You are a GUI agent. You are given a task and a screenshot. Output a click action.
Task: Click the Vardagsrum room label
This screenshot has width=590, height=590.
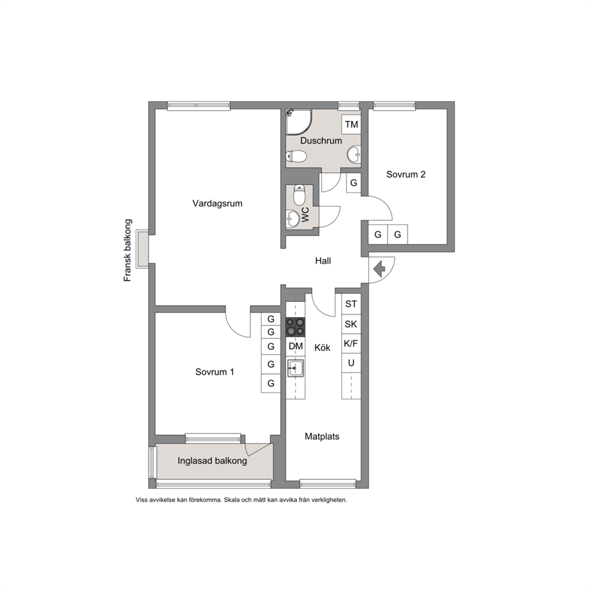(x=217, y=203)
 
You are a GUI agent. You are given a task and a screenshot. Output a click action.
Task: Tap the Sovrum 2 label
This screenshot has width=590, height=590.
(x=406, y=174)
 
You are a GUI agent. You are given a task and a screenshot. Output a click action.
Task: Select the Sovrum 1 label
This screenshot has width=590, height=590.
(x=215, y=372)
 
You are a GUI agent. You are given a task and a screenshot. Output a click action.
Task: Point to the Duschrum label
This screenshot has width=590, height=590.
(x=321, y=141)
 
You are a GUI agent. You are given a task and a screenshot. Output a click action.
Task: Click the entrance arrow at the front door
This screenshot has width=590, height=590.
(x=379, y=269)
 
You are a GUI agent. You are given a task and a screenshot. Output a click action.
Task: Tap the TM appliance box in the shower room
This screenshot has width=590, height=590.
(x=351, y=124)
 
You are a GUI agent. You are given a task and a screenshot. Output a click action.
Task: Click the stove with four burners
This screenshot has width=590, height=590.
(x=296, y=327)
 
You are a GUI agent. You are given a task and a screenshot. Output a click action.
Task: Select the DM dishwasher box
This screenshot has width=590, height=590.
(x=296, y=346)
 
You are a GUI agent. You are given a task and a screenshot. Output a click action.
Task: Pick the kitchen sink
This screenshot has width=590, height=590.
(x=296, y=368)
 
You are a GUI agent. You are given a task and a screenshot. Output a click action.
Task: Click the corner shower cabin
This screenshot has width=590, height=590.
(x=299, y=122)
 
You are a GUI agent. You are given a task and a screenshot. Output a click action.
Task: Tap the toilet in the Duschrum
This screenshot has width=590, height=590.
(x=296, y=156)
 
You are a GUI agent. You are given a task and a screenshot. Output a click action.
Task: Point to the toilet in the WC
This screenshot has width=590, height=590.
(x=299, y=194)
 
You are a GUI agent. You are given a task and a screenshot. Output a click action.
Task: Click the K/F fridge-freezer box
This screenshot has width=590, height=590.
(x=351, y=343)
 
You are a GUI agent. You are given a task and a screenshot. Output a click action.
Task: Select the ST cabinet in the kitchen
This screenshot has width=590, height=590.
(x=351, y=304)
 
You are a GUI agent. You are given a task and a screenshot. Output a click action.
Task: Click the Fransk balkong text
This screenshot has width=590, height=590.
(x=128, y=250)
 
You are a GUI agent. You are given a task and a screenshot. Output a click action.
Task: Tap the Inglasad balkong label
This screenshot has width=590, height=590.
(x=212, y=461)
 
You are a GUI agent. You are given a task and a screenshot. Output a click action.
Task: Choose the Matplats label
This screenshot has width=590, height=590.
(x=322, y=437)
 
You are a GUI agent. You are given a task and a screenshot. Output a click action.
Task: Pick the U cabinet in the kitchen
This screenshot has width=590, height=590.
(x=351, y=363)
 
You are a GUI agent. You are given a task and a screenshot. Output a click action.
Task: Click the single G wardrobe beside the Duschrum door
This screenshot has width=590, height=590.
(x=354, y=183)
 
